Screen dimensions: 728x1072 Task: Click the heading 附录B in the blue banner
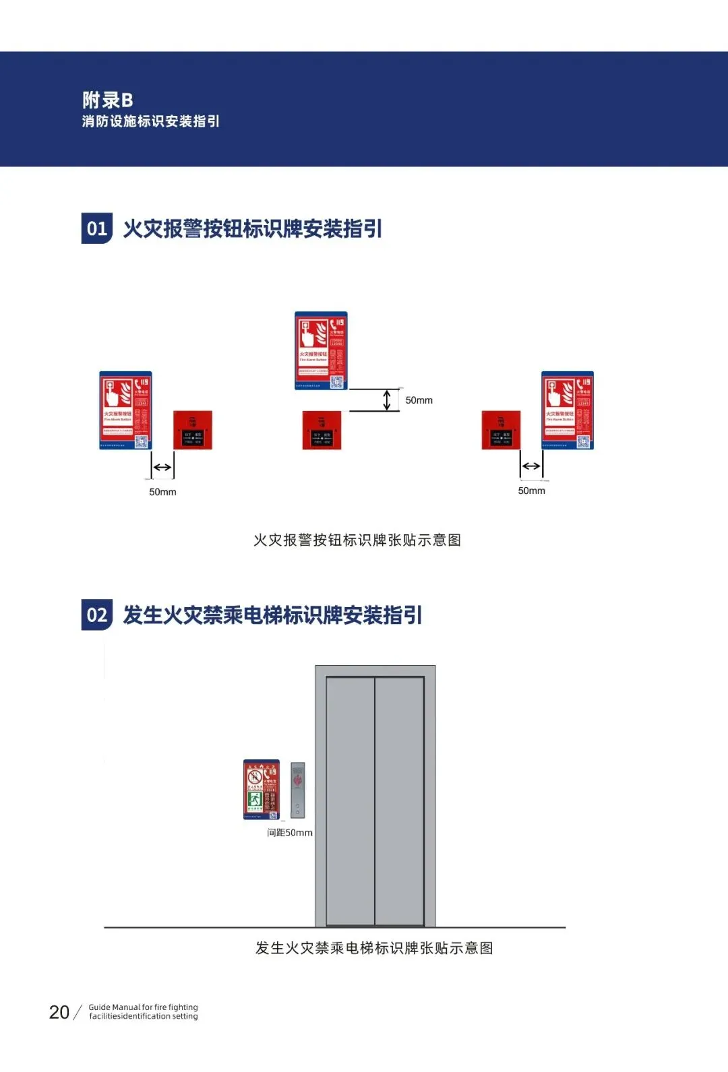coord(108,100)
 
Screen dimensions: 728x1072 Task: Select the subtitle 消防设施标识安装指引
coord(150,121)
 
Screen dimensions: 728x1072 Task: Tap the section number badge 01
coord(96,228)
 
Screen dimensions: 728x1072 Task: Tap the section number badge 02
coord(96,614)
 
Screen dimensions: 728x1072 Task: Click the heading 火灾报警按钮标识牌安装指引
coord(252,228)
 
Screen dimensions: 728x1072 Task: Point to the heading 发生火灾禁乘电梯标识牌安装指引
coord(272,614)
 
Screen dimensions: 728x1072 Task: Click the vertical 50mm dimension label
coord(419,400)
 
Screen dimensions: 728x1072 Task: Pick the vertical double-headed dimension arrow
coord(387,400)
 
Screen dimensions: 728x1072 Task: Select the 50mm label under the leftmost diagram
coord(162,492)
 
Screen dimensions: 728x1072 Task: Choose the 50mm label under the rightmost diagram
coord(531,491)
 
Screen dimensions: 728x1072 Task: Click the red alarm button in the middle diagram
coord(322,430)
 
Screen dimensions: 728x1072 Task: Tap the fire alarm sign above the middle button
coord(321,350)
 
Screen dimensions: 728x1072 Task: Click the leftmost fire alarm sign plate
coord(125,410)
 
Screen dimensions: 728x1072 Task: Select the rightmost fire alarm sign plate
coord(568,410)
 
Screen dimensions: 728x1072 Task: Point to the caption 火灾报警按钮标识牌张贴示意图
coord(357,540)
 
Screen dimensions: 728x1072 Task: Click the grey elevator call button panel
coord(297,790)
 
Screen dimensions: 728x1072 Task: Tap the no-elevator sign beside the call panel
coord(261,789)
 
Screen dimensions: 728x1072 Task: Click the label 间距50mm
coord(290,833)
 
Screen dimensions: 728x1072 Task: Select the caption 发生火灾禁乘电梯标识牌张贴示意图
coord(373,948)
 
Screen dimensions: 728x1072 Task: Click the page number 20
coord(59,1012)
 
